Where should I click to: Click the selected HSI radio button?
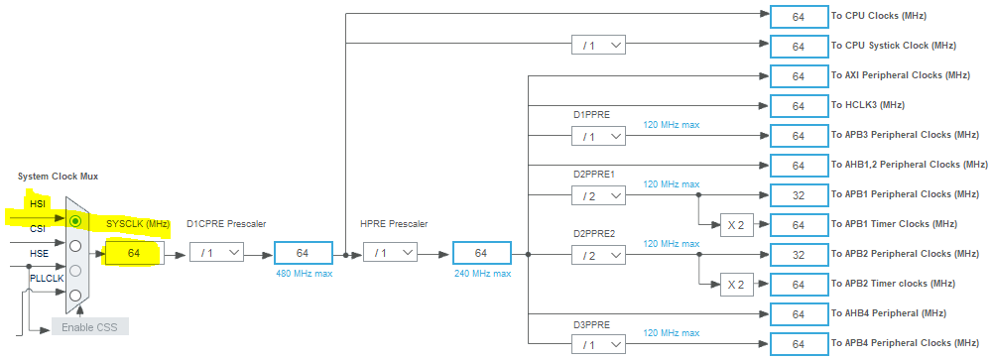pyautogui.click(x=75, y=219)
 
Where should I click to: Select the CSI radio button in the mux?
pyautogui.click(x=75, y=244)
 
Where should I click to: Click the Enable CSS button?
pyautogui.click(x=90, y=326)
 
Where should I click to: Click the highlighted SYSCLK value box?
pyautogui.click(x=132, y=254)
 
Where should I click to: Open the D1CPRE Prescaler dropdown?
pyautogui.click(x=216, y=254)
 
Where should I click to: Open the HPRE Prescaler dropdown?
pyautogui.click(x=389, y=254)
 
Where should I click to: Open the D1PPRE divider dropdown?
pyautogui.click(x=598, y=135)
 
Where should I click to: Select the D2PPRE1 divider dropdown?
pyautogui.click(x=598, y=194)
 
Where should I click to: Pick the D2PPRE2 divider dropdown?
pyautogui.click(x=598, y=254)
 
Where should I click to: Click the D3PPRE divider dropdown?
pyautogui.click(x=598, y=344)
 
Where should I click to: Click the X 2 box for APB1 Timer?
pyautogui.click(x=734, y=224)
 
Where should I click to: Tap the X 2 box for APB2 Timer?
pyautogui.click(x=734, y=285)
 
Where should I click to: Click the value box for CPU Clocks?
pyautogui.click(x=798, y=16)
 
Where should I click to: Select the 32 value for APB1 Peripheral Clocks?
pyautogui.click(x=798, y=194)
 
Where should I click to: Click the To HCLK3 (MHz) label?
pyautogui.click(x=867, y=105)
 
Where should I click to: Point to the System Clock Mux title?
pyautogui.click(x=57, y=177)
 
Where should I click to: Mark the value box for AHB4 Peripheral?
pyautogui.click(x=798, y=314)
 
